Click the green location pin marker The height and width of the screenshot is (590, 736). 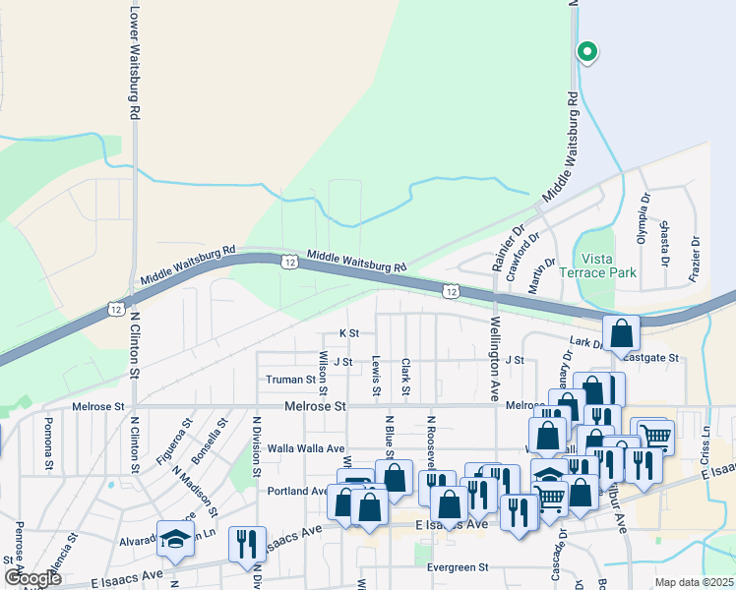[587, 50]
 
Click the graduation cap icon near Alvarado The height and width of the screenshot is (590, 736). [175, 540]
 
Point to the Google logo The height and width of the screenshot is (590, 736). [32, 578]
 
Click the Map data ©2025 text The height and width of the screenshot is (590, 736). [694, 582]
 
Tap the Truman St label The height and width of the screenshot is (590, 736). [289, 380]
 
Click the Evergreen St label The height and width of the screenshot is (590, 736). [458, 567]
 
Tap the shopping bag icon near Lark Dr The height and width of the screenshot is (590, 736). [622, 333]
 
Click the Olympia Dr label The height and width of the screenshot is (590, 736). [644, 221]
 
